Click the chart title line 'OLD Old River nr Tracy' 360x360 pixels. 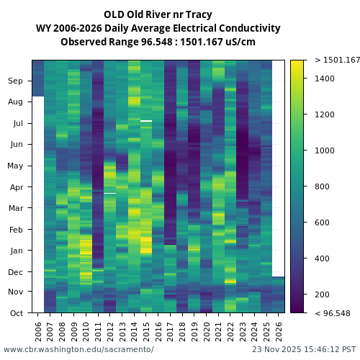(x=158, y=14)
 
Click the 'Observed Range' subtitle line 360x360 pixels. (x=158, y=42)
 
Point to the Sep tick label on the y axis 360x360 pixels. (x=16, y=81)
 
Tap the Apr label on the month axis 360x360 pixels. (x=16, y=187)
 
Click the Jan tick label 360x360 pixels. (x=17, y=251)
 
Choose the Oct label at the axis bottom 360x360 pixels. (x=17, y=313)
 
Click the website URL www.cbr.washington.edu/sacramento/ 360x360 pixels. (x=78, y=350)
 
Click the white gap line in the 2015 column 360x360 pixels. (x=146, y=121)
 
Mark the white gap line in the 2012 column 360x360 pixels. (x=109, y=193)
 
